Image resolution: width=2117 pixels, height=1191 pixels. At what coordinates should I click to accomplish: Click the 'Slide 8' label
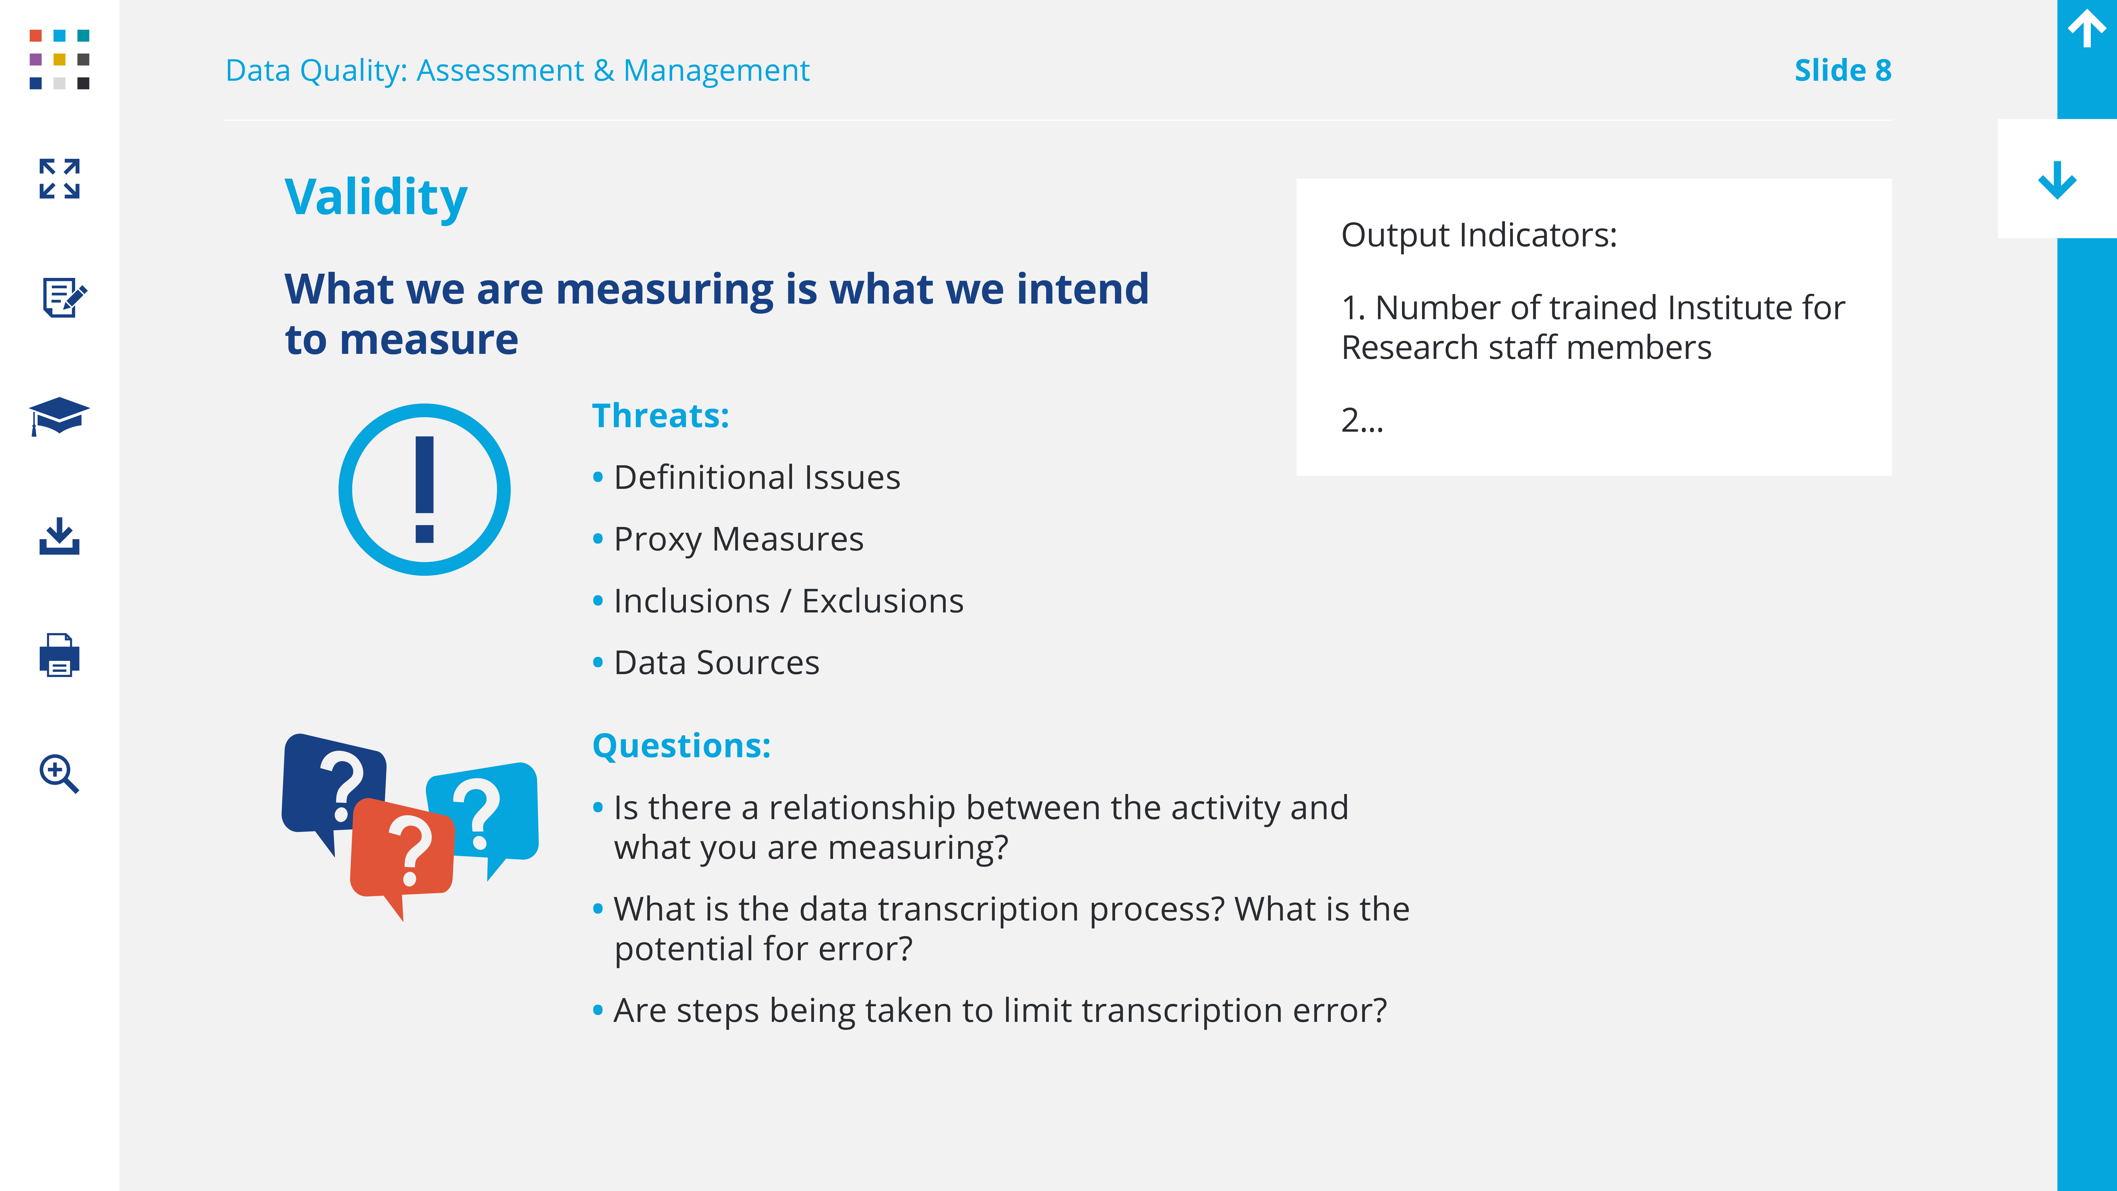[1843, 71]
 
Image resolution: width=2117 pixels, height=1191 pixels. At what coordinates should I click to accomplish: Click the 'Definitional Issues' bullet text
[757, 477]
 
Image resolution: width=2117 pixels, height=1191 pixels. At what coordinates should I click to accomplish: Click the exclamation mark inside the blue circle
[424, 489]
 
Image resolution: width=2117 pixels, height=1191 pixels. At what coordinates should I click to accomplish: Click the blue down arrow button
[2057, 180]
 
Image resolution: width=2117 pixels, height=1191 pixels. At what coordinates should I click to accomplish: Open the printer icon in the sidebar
[59, 655]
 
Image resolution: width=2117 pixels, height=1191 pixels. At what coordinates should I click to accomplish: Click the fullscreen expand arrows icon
[59, 178]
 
